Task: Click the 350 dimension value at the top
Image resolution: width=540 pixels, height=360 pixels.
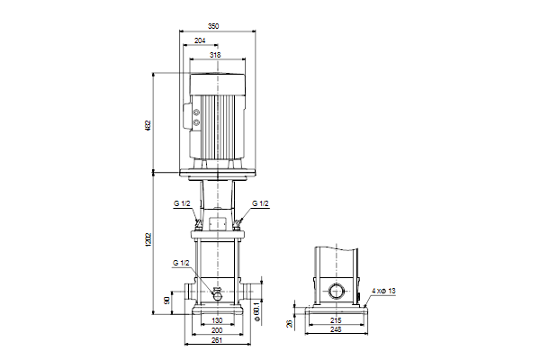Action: (x=213, y=26)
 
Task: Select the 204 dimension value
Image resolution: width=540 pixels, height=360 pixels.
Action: (x=200, y=40)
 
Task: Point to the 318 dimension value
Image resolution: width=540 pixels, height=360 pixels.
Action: (x=215, y=55)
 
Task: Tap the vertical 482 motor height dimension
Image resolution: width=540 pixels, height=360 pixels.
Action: (x=148, y=125)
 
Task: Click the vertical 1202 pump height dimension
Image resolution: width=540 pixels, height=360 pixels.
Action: (x=148, y=239)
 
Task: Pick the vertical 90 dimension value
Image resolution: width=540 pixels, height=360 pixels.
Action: (x=167, y=301)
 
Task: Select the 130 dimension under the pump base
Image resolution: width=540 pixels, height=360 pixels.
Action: (x=217, y=320)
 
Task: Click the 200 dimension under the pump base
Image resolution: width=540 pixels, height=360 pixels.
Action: (x=217, y=330)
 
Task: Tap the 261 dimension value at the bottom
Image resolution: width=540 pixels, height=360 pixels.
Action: (x=217, y=340)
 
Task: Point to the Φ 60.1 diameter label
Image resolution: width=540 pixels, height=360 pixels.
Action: (x=256, y=311)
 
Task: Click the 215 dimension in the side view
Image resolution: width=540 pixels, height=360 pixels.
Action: (x=336, y=320)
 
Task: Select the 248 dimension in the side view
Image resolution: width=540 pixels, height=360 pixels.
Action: (x=336, y=329)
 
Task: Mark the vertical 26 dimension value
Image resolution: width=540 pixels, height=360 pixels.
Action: (x=289, y=323)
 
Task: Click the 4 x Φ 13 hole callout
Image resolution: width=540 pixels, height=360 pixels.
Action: (x=383, y=291)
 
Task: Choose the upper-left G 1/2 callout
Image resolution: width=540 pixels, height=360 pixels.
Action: (x=182, y=203)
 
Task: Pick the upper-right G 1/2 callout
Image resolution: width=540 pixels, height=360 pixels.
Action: (x=260, y=203)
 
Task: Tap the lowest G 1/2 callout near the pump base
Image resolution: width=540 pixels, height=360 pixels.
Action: (x=181, y=263)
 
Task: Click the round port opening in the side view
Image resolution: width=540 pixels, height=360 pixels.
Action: (x=336, y=292)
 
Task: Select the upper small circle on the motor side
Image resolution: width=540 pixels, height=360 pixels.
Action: (x=196, y=112)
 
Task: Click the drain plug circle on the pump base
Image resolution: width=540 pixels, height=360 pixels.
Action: (x=217, y=295)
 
